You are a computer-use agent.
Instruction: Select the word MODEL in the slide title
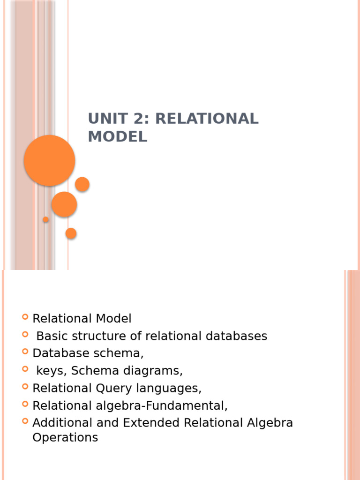pyautogui.click(x=117, y=136)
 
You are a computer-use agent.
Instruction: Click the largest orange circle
pyautogui.click(x=49, y=160)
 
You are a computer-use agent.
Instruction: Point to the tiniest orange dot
pyautogui.click(x=45, y=219)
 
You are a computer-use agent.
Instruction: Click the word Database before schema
pyautogui.click(x=59, y=353)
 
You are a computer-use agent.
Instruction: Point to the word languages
pyautogui.click(x=170, y=388)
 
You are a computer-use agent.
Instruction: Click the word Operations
pyautogui.click(x=65, y=438)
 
